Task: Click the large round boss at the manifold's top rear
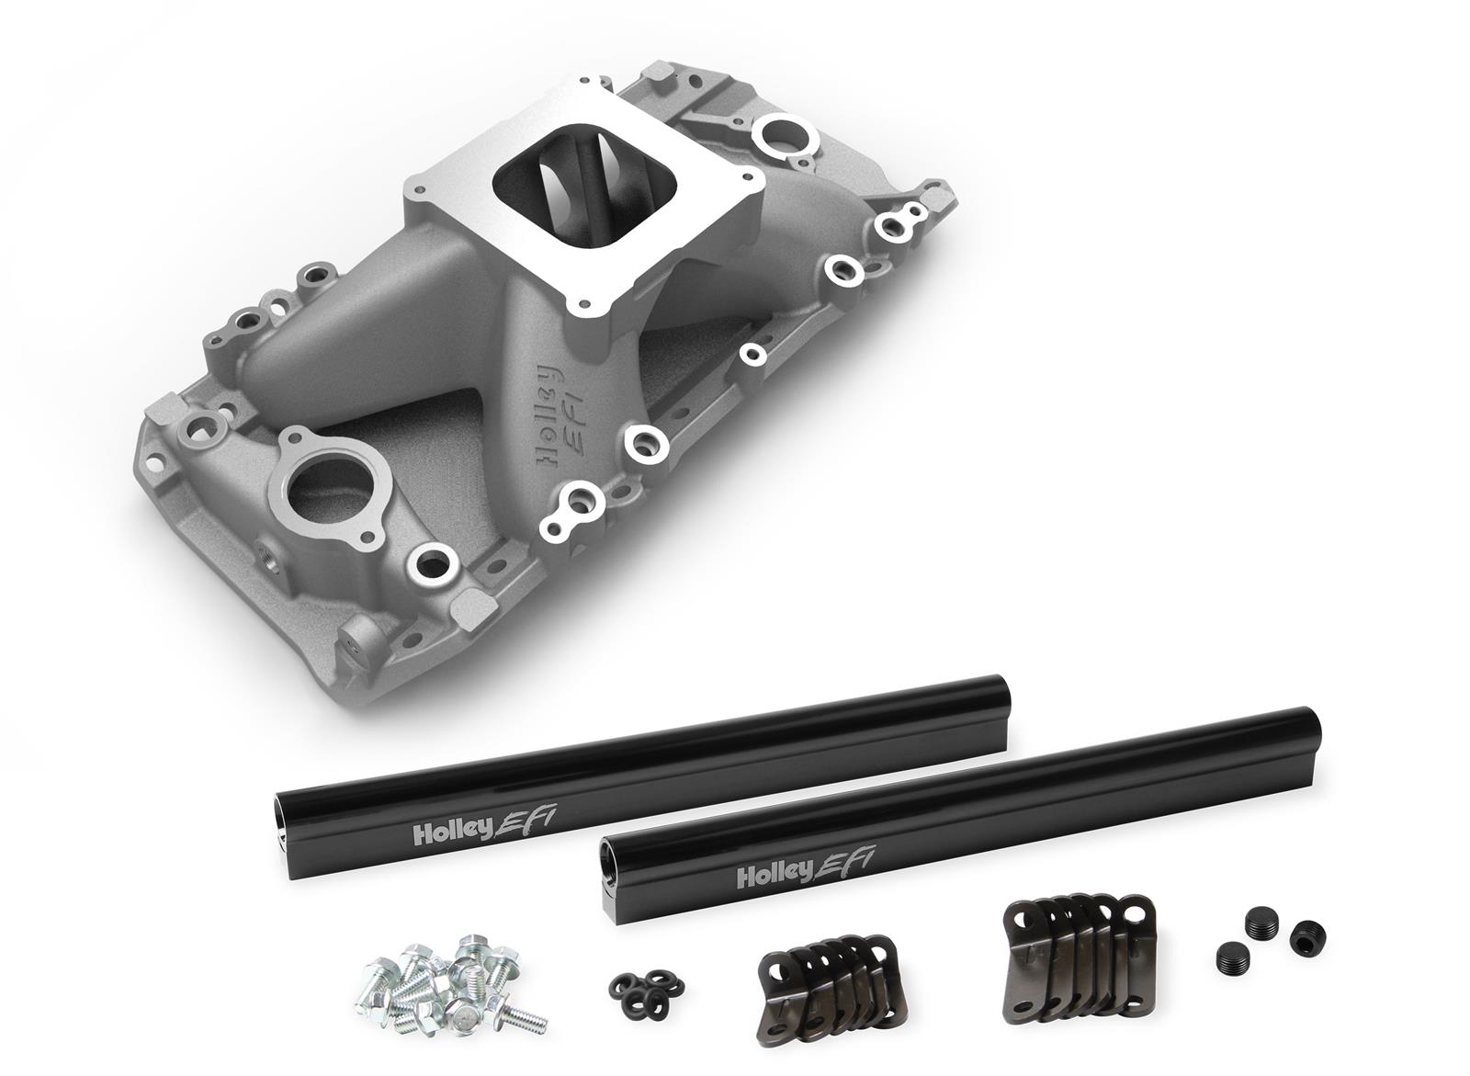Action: (x=785, y=137)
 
